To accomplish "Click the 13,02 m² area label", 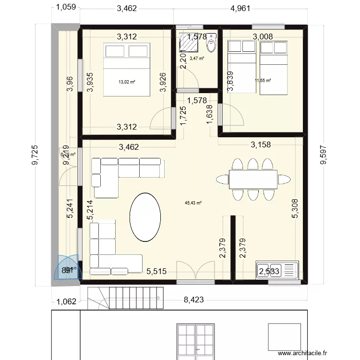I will [127, 82].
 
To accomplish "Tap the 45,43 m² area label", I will [193, 203].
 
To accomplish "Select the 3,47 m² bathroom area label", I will [197, 59].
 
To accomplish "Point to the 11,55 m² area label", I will [263, 80].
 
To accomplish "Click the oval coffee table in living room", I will [145, 217].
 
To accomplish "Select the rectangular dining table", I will [253, 180].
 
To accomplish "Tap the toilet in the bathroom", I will [211, 46].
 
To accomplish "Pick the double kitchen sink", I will [277, 271].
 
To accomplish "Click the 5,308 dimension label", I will [297, 209].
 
